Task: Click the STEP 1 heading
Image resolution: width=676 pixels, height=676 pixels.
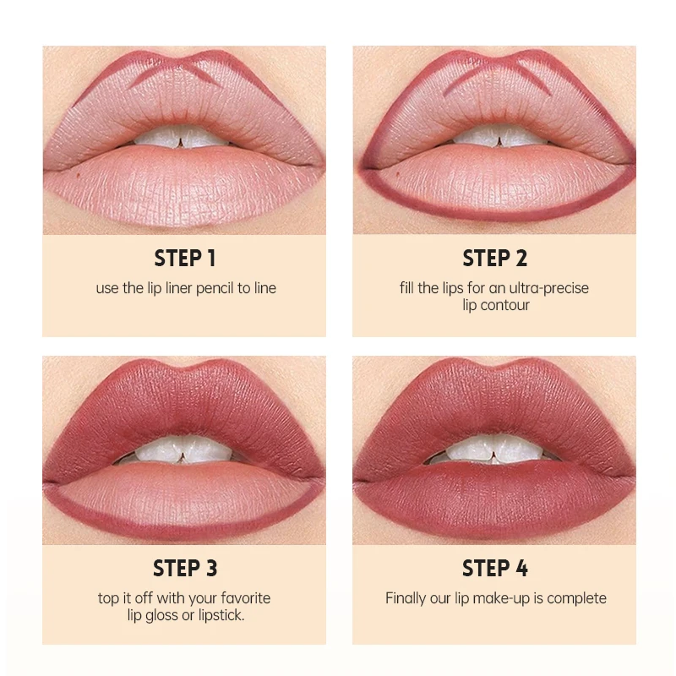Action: click(184, 258)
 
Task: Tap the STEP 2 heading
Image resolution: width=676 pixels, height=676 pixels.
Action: click(494, 258)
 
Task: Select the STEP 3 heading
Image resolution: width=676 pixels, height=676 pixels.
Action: click(184, 568)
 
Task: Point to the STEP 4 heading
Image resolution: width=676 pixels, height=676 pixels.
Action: click(494, 568)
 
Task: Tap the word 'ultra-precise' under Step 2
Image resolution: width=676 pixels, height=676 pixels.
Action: click(548, 288)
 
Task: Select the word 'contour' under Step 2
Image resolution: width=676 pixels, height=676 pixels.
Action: click(506, 305)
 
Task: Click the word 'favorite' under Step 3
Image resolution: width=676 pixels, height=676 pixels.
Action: click(245, 598)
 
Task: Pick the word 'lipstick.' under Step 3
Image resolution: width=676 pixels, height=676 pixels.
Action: click(220, 615)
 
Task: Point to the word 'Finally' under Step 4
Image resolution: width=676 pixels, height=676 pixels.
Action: click(408, 598)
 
